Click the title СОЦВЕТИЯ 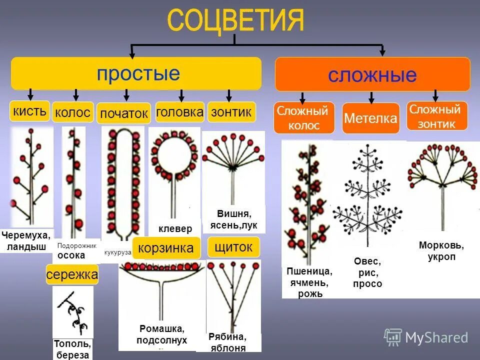coord(235,20)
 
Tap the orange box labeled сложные coord(372,74)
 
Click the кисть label coord(30,110)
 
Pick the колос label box coord(73,112)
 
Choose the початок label coord(124,113)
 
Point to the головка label coord(180,112)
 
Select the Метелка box coord(370,118)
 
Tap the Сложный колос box coord(303,118)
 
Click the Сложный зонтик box coord(436,116)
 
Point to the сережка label coord(72,274)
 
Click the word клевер coord(175,229)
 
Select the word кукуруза coord(118,252)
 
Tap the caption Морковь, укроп coord(441,251)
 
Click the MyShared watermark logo coord(426,337)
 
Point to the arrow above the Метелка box coord(371,97)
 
